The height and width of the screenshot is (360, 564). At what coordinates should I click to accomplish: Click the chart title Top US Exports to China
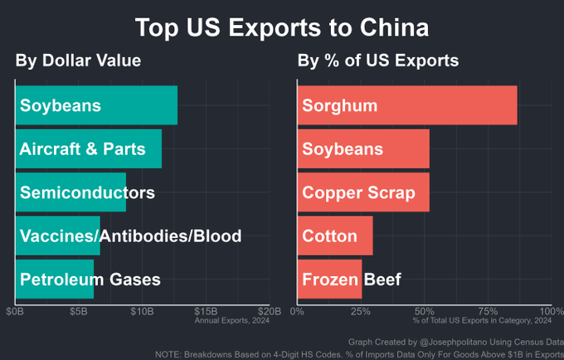point(282,27)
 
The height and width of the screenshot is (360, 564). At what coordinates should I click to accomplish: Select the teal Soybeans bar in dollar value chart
point(96,105)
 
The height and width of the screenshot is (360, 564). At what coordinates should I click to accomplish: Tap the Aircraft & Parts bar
point(89,149)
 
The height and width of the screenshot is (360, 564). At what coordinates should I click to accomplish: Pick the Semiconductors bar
point(70,192)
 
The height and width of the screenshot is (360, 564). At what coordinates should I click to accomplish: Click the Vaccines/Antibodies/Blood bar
point(58,236)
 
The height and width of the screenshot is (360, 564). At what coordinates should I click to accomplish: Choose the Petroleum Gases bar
point(55,279)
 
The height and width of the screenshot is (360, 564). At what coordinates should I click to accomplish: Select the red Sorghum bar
point(407,105)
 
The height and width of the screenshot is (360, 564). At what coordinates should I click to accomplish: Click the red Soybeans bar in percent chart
point(363,149)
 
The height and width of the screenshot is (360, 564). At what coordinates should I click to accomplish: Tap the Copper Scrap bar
point(363,192)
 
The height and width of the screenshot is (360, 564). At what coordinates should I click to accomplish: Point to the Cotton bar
point(335,236)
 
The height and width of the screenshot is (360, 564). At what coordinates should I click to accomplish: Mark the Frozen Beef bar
point(329,279)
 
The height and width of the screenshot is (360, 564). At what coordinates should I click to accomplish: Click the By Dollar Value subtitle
point(78,61)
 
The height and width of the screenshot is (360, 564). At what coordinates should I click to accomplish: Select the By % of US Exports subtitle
point(378,61)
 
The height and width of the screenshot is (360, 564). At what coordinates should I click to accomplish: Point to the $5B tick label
point(78,311)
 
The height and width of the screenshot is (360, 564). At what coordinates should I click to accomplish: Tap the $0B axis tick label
point(14,311)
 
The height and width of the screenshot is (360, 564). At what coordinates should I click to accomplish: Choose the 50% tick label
point(424,311)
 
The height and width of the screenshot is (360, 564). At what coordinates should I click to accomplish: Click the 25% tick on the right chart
point(360,311)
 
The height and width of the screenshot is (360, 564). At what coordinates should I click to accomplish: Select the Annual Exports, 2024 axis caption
point(231,320)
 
